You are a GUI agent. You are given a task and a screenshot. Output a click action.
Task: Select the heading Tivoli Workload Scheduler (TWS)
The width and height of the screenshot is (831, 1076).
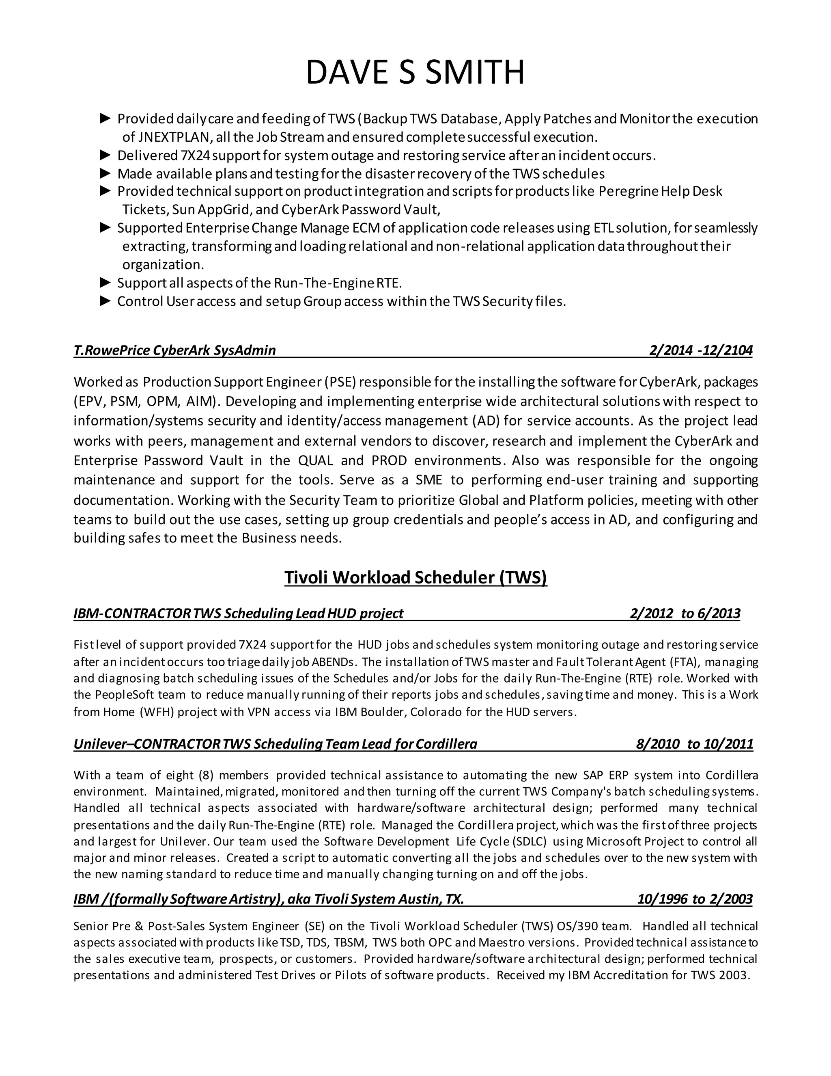(415, 577)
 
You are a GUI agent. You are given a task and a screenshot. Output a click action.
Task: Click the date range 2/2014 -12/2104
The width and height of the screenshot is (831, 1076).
(700, 350)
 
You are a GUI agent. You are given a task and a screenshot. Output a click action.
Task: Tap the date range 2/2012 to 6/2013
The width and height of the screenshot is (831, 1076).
(685, 614)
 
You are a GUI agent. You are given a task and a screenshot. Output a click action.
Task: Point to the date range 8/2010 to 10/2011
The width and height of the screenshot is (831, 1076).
(694, 743)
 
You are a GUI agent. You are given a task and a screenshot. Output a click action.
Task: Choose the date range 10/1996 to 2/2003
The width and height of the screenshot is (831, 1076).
(695, 899)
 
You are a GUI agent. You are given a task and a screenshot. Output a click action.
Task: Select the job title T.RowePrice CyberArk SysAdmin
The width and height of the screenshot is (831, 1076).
(175, 350)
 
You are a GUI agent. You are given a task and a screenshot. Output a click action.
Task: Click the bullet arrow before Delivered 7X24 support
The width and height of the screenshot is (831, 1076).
(105, 155)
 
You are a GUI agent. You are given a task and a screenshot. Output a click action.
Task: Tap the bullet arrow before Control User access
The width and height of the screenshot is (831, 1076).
(105, 301)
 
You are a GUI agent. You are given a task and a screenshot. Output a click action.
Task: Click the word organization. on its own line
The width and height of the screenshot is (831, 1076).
(163, 265)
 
